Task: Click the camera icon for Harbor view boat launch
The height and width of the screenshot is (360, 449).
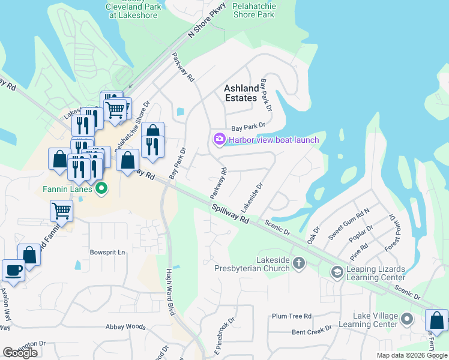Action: [219, 140]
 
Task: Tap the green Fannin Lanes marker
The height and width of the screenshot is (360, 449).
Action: [101, 189]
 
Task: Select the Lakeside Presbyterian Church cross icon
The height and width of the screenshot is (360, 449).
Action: [299, 263]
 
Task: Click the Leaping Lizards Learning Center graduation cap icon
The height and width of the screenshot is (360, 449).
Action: [337, 272]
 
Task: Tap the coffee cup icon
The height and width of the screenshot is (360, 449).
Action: [13, 270]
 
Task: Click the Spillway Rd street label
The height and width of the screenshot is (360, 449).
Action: [230, 213]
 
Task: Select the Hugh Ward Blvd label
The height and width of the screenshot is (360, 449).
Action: [170, 288]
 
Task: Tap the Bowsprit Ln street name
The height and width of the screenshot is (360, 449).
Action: [107, 253]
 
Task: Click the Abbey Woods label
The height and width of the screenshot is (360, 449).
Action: [125, 327]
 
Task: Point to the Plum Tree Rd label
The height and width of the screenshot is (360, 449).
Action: [292, 316]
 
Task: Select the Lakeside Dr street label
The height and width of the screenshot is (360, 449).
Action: [253, 197]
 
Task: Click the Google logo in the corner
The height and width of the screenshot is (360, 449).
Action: [20, 353]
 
